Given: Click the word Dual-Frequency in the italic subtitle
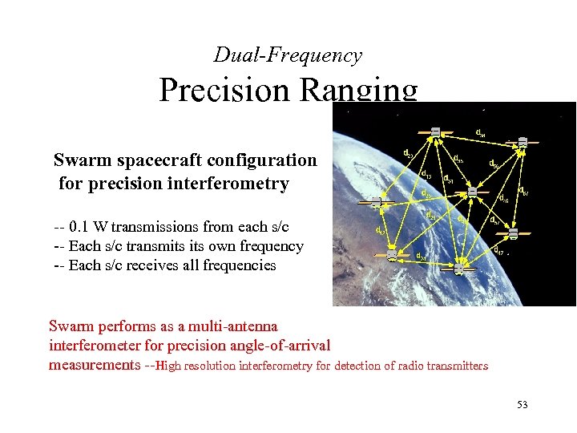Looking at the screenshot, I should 287,55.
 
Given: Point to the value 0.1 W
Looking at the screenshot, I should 93,226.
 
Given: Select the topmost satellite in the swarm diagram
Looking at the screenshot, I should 436,132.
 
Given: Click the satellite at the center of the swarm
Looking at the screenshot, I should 473,192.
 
